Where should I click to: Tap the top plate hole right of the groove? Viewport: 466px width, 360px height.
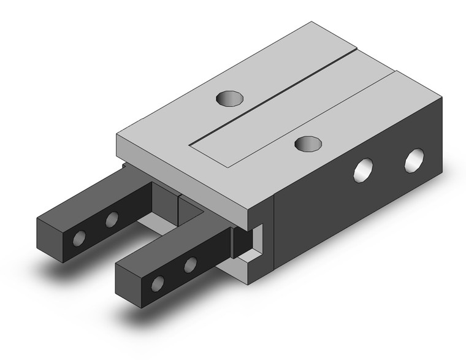[x=308, y=144]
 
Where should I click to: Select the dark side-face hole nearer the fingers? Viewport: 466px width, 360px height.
[x=364, y=169]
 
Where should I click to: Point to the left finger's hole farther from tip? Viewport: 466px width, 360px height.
[x=112, y=219]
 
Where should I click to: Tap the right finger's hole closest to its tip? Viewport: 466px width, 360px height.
[x=158, y=283]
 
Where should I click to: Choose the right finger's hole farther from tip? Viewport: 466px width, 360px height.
[x=190, y=264]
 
